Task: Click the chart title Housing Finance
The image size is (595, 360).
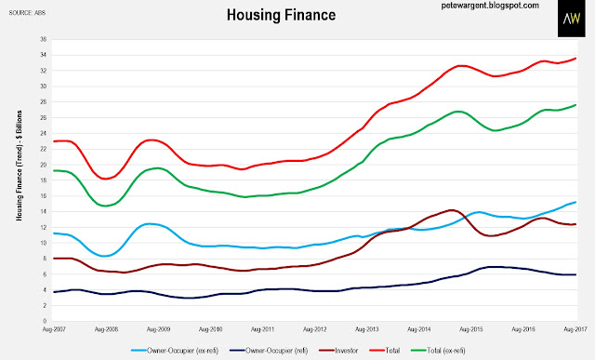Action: pos(281,15)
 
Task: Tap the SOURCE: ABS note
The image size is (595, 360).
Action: pos(27,13)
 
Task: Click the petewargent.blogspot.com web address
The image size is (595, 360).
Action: pos(490,6)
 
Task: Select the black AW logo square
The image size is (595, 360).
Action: pos(572,19)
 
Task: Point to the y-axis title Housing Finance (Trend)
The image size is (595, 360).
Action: pos(19,166)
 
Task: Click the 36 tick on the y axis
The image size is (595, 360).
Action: pos(44,39)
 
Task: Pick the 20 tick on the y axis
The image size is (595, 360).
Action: pos(44,165)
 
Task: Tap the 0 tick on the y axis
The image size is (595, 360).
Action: pos(45,321)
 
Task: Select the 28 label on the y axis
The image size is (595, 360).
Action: pos(44,101)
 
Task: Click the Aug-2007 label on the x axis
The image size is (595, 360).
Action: pos(54,329)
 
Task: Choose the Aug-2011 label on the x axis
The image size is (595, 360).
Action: pos(262,329)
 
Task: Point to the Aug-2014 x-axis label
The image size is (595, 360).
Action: pos(419,329)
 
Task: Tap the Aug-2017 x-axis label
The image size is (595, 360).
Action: pos(575,329)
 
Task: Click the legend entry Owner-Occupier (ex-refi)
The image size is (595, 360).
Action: pos(175,351)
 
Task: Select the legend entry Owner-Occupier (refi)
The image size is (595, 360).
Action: pos(269,351)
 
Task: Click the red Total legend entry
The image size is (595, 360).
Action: pos(384,351)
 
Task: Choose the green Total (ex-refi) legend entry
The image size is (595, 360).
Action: pos(438,351)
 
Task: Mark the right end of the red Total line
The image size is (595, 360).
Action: pos(576,58)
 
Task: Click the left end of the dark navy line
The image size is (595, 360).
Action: pos(54,292)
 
